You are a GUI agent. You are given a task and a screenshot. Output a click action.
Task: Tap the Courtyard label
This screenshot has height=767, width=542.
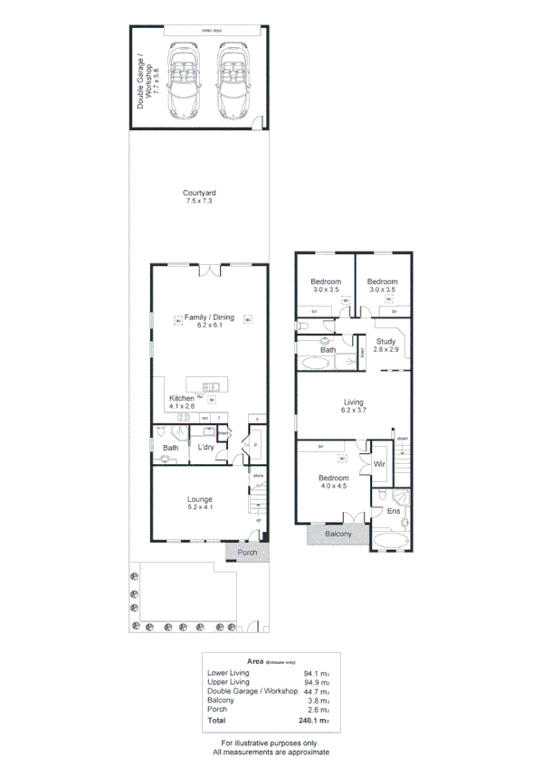pyautogui.click(x=199, y=193)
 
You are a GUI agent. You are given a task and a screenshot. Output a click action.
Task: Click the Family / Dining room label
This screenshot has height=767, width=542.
pyautogui.click(x=209, y=317)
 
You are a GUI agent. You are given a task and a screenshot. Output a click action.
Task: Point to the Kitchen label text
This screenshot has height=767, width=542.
pyautogui.click(x=181, y=398)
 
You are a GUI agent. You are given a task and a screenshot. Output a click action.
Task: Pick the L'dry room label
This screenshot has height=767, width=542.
pyautogui.click(x=204, y=448)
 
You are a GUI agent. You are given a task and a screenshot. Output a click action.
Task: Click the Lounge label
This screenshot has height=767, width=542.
pyautogui.click(x=199, y=499)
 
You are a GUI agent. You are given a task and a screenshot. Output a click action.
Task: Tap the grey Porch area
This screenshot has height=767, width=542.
pyautogui.click(x=247, y=553)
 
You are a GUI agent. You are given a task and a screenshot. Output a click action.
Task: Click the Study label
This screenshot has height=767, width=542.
pyautogui.click(x=386, y=341)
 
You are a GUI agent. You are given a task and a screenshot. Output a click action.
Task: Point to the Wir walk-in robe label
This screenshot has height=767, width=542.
pyautogui.click(x=380, y=465)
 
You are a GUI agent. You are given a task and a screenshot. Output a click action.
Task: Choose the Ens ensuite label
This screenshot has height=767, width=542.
pyautogui.click(x=393, y=512)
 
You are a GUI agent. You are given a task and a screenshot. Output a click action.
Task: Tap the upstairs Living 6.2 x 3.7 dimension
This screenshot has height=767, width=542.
pyautogui.click(x=353, y=411)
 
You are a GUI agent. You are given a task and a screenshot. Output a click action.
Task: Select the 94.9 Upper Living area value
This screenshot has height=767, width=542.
pyautogui.click(x=313, y=682)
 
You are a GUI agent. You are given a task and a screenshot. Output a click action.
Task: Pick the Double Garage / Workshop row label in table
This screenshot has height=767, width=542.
pyautogui.click(x=252, y=691)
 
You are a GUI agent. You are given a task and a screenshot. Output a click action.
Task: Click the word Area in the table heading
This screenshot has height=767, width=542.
pyautogui.click(x=230, y=661)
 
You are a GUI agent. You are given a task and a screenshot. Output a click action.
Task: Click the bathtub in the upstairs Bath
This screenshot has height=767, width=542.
pyautogui.click(x=317, y=365)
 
